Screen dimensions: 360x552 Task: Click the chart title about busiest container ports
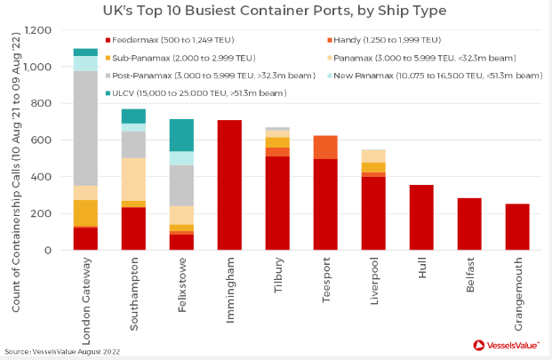click(275, 12)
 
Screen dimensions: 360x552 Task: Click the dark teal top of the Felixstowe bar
click(181, 135)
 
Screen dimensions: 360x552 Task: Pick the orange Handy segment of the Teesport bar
click(325, 147)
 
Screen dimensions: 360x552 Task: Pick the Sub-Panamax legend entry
click(168, 58)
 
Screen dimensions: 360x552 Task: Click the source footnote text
click(63, 351)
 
